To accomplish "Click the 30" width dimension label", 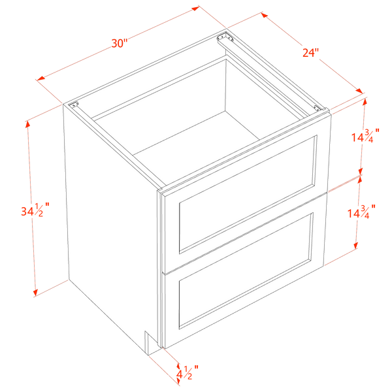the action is tap(120, 43).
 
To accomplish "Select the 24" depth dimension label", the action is tap(311, 53).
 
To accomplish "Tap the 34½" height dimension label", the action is tap(35, 210).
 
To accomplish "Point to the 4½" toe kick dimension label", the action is tap(188, 372).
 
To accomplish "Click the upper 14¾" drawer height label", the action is tap(365, 135).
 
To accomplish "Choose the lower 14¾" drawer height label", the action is tap(361, 212).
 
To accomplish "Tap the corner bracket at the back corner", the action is tap(225, 38).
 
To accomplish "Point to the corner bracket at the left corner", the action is tap(74, 105).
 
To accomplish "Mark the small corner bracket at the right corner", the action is tap(318, 108).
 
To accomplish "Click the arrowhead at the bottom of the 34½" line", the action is tap(35, 293).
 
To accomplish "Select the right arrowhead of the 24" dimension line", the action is tap(359, 91).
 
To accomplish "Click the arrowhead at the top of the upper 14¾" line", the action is tap(365, 103).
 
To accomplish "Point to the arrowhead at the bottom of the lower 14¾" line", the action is tap(356, 245).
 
